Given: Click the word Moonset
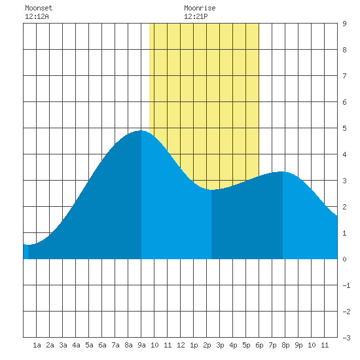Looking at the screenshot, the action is click(x=39, y=8).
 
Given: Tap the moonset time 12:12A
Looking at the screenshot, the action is click(x=37, y=16).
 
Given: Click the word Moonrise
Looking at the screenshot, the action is click(x=200, y=8).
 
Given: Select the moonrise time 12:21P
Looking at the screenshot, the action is click(x=196, y=16).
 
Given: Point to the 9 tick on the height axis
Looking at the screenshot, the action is click(x=344, y=24).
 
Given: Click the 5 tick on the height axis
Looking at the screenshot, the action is click(x=344, y=128).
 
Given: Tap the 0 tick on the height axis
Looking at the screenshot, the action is click(x=344, y=259).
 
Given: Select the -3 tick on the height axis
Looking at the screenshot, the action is click(x=346, y=338).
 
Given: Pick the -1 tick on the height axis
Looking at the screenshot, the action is click(x=346, y=285).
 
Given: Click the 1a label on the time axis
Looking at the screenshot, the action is click(x=37, y=345).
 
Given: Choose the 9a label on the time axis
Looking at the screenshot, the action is click(x=141, y=345).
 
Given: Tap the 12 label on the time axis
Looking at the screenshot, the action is click(x=181, y=345).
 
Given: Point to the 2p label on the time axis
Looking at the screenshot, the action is click(x=207, y=345).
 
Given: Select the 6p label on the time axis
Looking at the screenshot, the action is click(x=259, y=345).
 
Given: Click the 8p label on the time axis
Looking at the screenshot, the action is click(x=285, y=345).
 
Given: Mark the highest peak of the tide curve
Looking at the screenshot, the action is click(x=141, y=130).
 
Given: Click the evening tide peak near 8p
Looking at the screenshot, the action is click(x=281, y=171).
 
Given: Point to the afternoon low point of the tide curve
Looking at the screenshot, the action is click(x=211, y=190).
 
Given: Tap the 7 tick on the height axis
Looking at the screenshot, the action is click(x=344, y=76).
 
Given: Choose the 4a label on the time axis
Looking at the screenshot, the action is click(x=76, y=345).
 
